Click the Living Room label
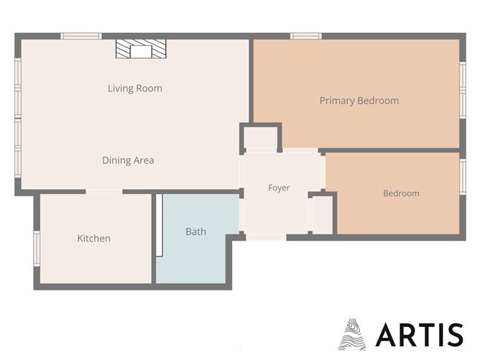pyautogui.click(x=135, y=88)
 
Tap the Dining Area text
pyautogui.click(x=129, y=160)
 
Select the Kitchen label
pyautogui.click(x=94, y=239)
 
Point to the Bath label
pyautogui.click(x=196, y=231)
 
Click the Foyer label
pyautogui.click(x=279, y=188)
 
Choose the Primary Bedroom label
pyautogui.click(x=359, y=101)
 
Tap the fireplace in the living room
pyautogui.click(x=141, y=49)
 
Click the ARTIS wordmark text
pyautogui.click(x=419, y=335)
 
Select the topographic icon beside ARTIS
pyautogui.click(x=352, y=334)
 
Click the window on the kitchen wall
pyautogui.click(x=37, y=249)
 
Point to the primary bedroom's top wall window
pyautogui.click(x=306, y=36)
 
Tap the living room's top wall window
pyautogui.click(x=80, y=36)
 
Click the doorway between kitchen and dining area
pyautogui.click(x=104, y=192)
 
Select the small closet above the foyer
pyautogui.click(x=261, y=138)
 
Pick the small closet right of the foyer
pyautogui.click(x=322, y=215)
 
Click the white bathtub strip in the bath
pyautogui.click(x=160, y=225)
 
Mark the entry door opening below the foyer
pyautogui.click(x=266, y=237)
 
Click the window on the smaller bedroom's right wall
pyautogui.click(x=463, y=177)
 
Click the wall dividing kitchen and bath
pyautogui.click(x=154, y=239)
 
